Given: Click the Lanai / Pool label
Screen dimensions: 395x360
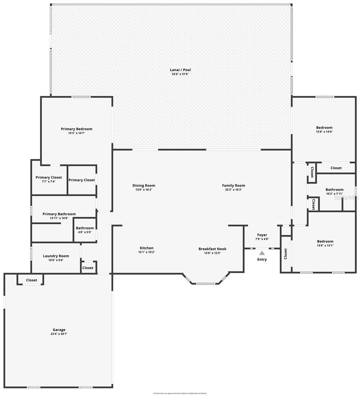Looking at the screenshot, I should pos(180,70).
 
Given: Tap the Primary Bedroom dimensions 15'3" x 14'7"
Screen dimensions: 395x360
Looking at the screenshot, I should pos(76,133).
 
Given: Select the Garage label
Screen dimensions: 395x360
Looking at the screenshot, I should pos(59,329).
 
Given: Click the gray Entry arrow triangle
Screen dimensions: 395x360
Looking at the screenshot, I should pos(262,253).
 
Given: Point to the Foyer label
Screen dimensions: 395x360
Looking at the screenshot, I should pos(262,235).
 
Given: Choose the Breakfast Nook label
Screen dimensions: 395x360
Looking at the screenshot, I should pos(212,249).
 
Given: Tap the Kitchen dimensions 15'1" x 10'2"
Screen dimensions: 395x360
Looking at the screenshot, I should pos(146,252).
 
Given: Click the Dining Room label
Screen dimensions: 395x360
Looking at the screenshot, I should pos(144,186).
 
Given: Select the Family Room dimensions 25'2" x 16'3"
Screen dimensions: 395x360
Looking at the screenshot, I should pos(233,190).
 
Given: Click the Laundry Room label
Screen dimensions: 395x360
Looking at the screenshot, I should pos(56,256).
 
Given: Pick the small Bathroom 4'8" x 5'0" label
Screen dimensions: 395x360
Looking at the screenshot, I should pos(85,228).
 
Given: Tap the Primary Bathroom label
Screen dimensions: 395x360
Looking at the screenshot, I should pos(59,214).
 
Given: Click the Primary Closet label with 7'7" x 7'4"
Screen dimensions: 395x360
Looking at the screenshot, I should pos(49,177).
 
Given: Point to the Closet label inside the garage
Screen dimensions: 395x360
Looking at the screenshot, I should pos(32,280).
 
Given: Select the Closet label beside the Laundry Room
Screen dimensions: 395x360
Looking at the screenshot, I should pos(88,268).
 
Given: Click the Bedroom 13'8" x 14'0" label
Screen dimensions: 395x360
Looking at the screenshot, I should pos(324,128).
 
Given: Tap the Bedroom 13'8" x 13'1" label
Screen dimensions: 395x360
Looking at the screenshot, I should pos(325,241).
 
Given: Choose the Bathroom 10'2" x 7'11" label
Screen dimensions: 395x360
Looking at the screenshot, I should pos(334,190).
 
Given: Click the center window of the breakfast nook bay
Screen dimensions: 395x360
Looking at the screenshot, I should pos(205,283).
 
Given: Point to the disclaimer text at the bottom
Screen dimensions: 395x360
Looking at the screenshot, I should pos(180,393).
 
